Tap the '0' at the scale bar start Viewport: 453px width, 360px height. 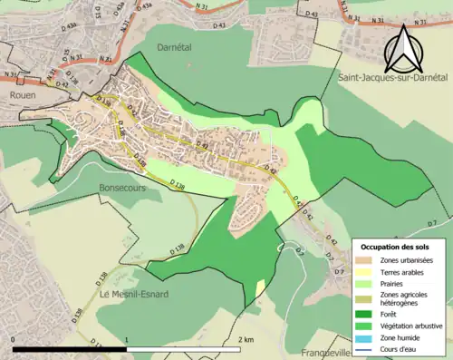pos(14,339)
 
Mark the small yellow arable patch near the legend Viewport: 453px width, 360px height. pos(261,288)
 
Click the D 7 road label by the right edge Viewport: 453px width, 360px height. pos(432,223)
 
